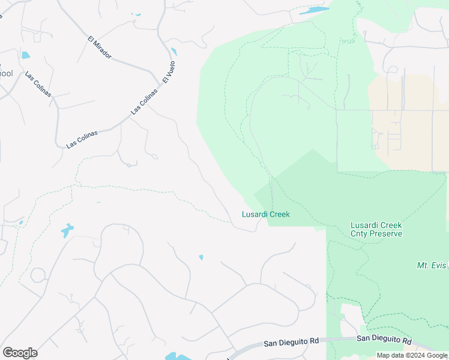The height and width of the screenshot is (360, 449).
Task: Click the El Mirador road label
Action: pyautogui.click(x=99, y=48)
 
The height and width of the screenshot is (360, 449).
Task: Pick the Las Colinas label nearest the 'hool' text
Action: pyautogui.click(x=38, y=85)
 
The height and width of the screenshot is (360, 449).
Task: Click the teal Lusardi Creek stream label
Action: pyautogui.click(x=265, y=214)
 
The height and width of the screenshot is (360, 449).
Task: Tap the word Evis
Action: pyautogui.click(x=440, y=265)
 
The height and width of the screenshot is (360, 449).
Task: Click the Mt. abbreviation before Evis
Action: pyautogui.click(x=423, y=265)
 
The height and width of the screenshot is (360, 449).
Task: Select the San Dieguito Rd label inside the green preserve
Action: pyautogui.click(x=384, y=340)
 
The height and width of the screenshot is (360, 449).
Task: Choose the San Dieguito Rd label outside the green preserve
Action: pyautogui.click(x=291, y=341)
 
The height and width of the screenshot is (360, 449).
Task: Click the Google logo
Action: pyautogui.click(x=20, y=353)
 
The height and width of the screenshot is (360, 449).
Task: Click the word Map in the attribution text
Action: pyautogui.click(x=384, y=355)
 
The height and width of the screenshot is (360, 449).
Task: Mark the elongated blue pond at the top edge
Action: pyautogui.click(x=314, y=10)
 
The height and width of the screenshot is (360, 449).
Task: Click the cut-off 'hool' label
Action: pyautogui.click(x=5, y=74)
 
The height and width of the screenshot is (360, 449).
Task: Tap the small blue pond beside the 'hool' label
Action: pyautogui.click(x=25, y=55)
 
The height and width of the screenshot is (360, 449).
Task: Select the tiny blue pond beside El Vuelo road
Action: pyautogui.click(x=173, y=52)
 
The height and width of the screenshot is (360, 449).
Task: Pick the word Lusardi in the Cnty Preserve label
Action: pyautogui.click(x=364, y=225)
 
